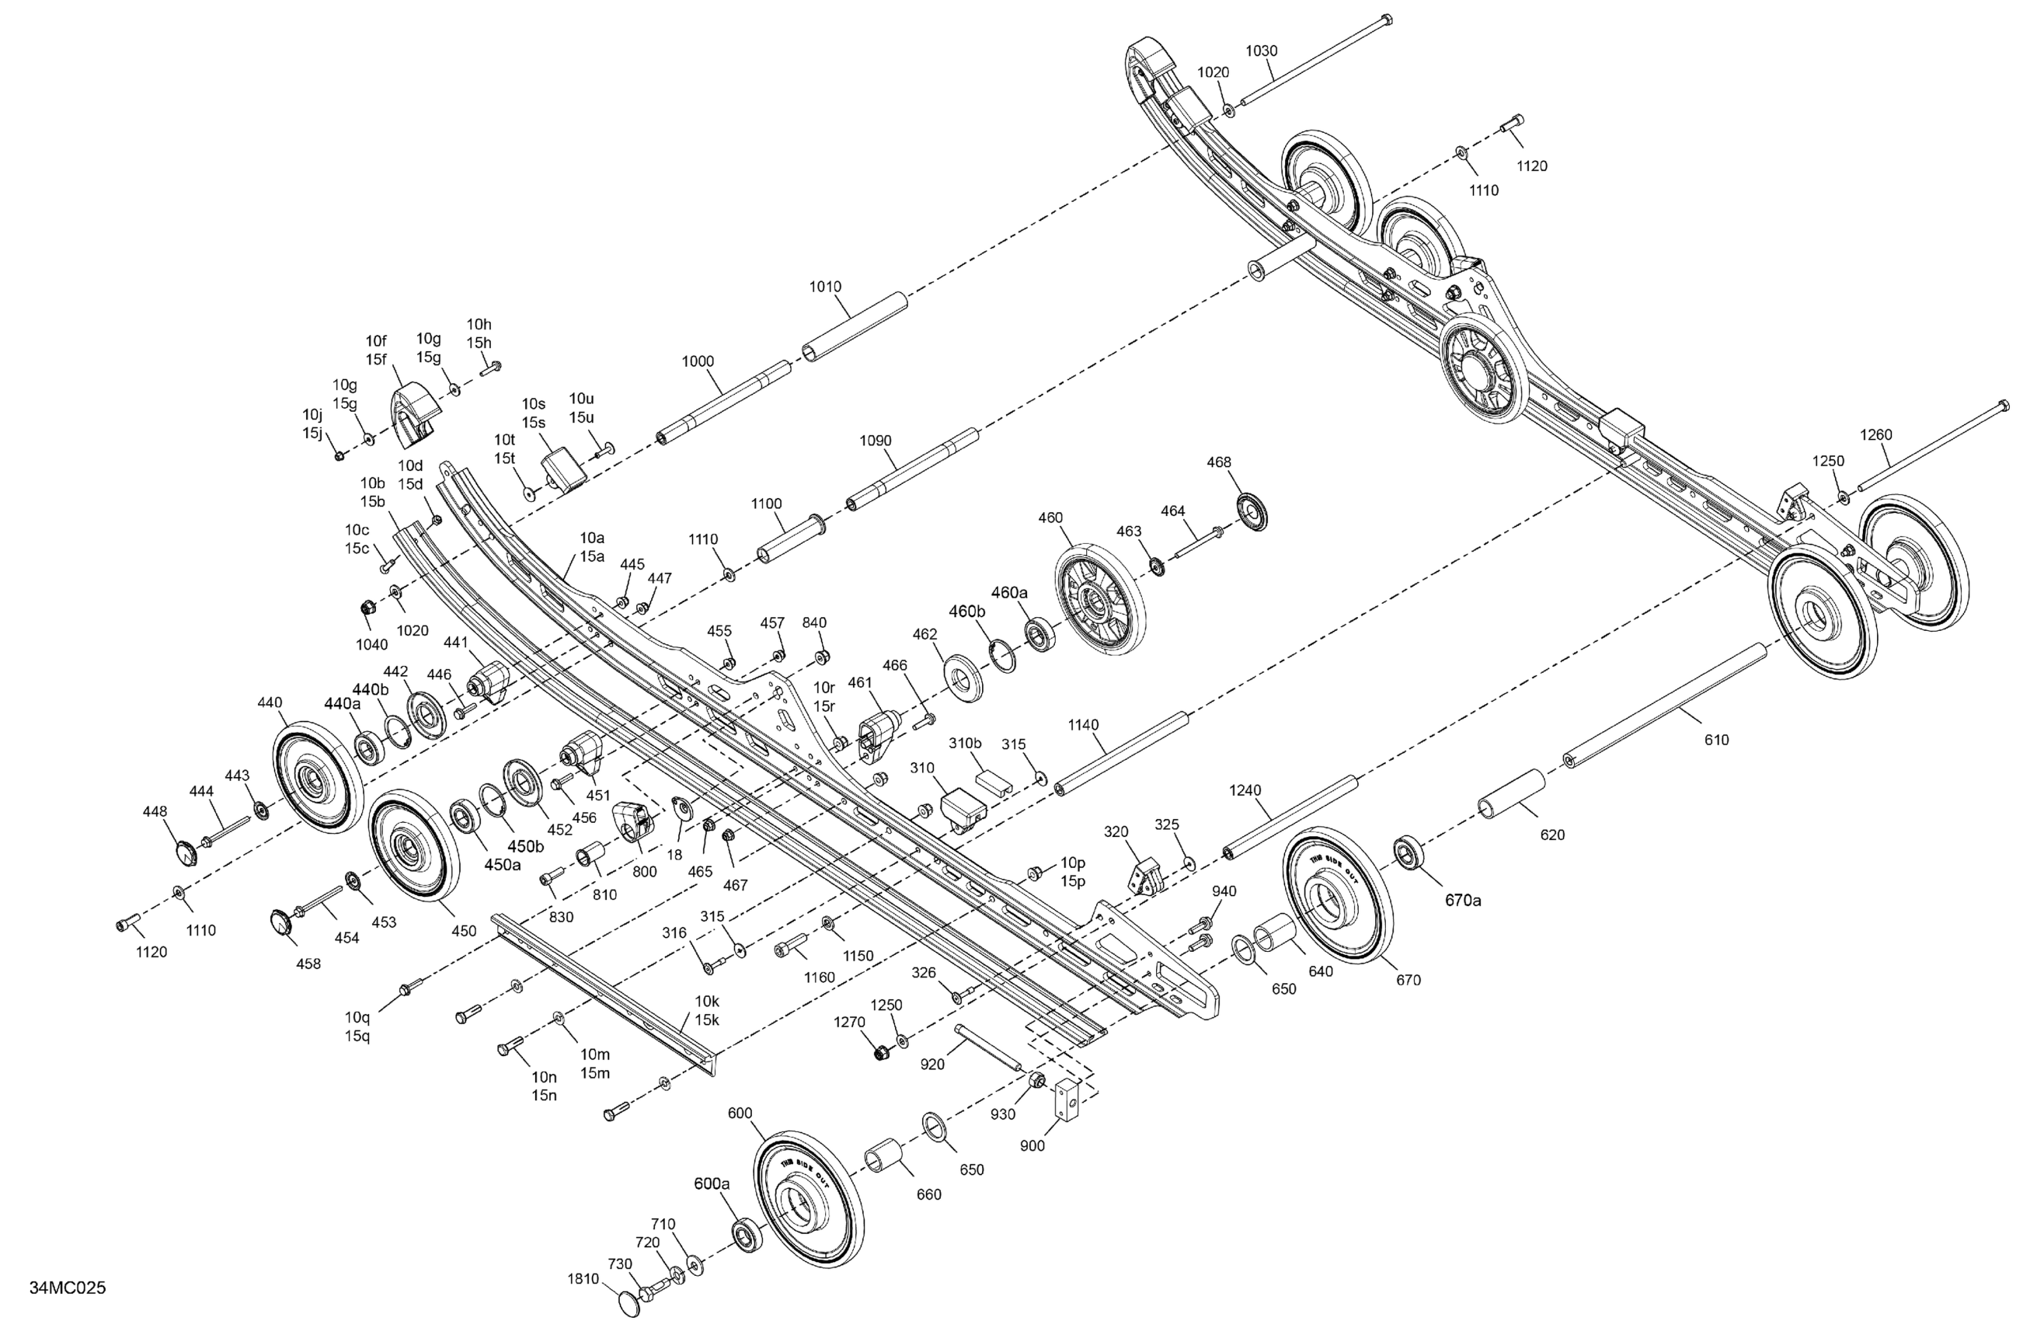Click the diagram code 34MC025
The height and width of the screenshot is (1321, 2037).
click(68, 1288)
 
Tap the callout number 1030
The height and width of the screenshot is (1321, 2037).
click(1261, 51)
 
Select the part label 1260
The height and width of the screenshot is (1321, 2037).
click(1876, 434)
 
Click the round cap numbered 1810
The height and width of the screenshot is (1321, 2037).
click(629, 1304)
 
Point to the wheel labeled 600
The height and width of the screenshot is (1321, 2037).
click(808, 1209)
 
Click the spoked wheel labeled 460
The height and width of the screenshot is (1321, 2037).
click(1099, 602)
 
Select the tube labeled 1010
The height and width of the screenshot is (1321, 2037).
click(854, 328)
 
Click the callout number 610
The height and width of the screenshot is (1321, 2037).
click(1717, 741)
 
